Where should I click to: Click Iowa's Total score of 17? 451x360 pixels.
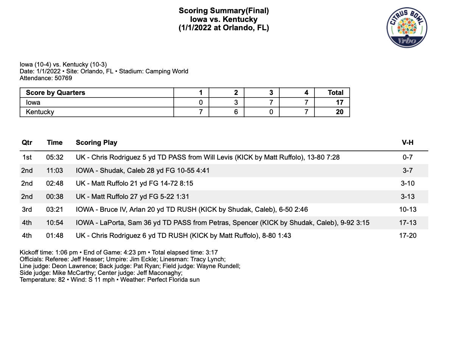coord(339,102)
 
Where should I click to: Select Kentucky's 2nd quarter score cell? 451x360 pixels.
coord(236,112)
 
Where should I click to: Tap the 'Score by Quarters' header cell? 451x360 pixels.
coord(56,93)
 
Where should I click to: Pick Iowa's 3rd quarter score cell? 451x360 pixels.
coord(271,102)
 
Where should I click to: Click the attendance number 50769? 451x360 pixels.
coord(62,78)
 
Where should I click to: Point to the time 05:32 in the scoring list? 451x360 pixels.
coord(54,157)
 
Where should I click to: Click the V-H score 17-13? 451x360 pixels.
coord(408,223)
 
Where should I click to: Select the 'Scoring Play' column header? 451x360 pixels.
coord(96,143)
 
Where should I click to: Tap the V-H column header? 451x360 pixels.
coord(407,143)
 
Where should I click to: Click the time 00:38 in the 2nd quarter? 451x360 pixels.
coord(54,197)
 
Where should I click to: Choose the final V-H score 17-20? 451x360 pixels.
coord(408,236)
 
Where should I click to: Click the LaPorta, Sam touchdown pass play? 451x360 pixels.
coord(222,223)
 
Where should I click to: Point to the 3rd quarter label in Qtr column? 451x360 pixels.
coord(27,209)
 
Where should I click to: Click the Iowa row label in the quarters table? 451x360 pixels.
coord(33,102)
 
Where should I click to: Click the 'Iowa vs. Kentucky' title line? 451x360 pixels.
coord(224,19)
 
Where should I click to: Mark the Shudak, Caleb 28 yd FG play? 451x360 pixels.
coord(143,171)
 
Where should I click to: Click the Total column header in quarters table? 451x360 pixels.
coord(335,93)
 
